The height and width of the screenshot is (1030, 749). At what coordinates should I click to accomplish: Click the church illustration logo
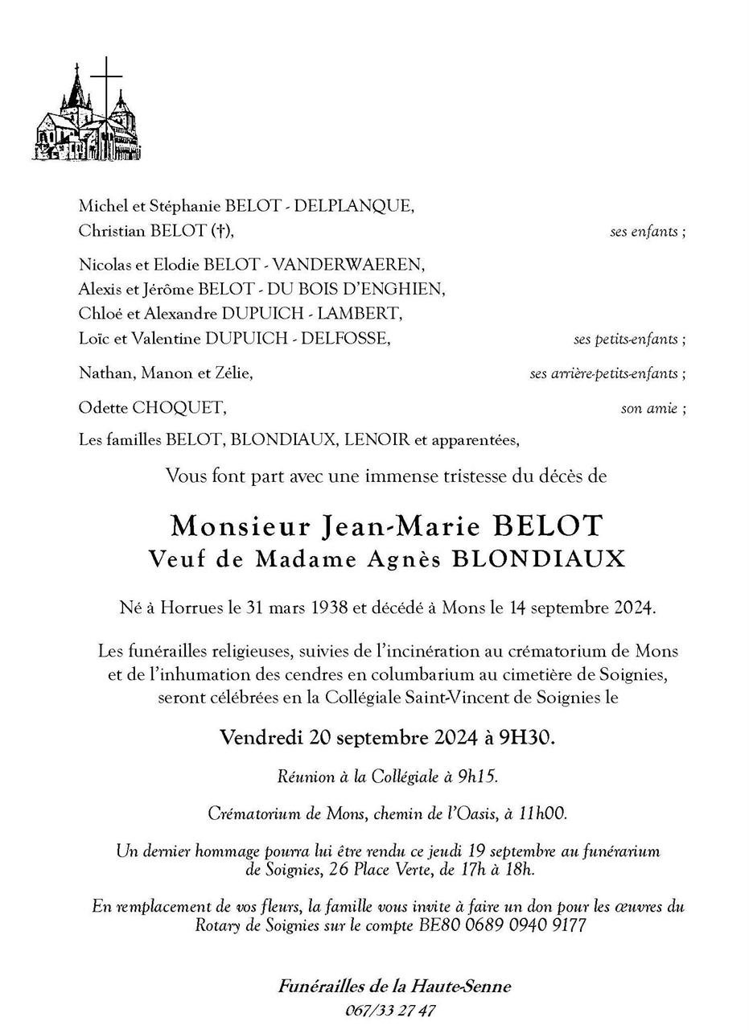(86, 113)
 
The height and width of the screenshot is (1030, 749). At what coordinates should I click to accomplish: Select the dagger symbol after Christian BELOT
(220, 231)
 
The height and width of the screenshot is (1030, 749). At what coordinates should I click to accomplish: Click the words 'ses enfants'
(644, 232)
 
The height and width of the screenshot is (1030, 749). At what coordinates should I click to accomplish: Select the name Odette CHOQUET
(152, 408)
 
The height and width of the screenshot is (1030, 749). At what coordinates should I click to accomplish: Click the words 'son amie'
(648, 409)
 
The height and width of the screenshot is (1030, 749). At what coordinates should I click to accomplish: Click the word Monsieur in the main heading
(241, 526)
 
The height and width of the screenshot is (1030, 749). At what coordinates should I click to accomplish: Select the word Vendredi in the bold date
(260, 737)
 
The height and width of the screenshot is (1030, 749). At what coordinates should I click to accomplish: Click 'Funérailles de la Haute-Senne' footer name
(394, 987)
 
